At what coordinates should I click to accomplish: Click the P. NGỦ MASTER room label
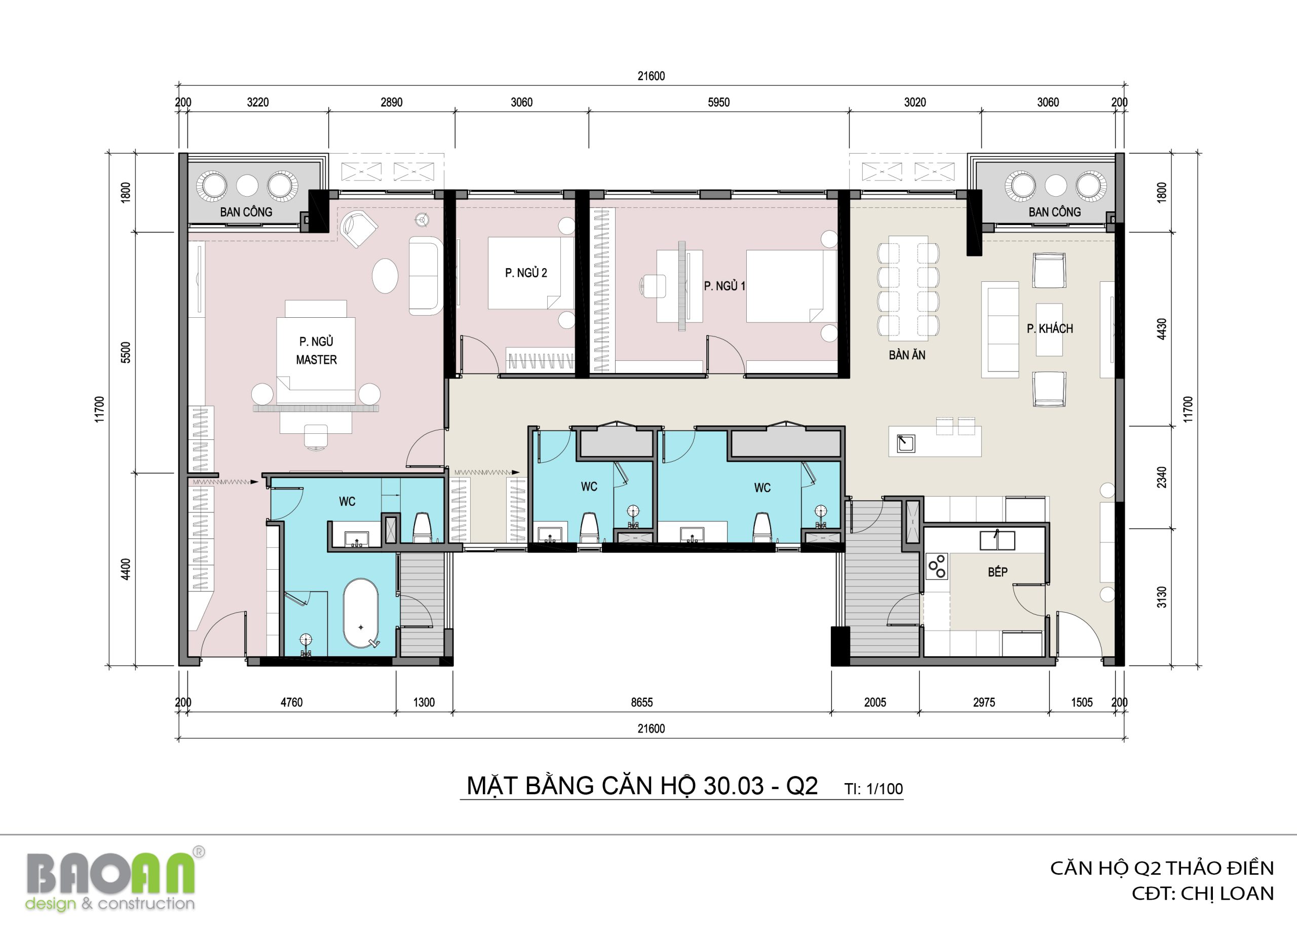(316, 351)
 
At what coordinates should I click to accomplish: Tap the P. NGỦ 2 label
(525, 273)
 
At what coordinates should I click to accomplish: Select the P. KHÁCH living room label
(1049, 328)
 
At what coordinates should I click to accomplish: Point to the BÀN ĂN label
(907, 355)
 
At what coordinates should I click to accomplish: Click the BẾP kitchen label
(998, 572)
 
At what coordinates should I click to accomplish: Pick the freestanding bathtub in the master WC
(361, 614)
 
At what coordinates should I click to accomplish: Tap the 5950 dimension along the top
(718, 102)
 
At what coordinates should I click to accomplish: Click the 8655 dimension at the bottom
(641, 702)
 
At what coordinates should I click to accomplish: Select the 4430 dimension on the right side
(1162, 329)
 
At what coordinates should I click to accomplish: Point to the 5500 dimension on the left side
(126, 352)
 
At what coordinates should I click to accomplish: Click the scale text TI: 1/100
(873, 789)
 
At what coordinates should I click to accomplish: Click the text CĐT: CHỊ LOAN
(1203, 894)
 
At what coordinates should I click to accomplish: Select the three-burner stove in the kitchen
(936, 566)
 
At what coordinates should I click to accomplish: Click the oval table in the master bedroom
(385, 276)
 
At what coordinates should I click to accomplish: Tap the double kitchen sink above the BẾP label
(997, 540)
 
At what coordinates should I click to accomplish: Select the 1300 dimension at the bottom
(424, 702)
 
